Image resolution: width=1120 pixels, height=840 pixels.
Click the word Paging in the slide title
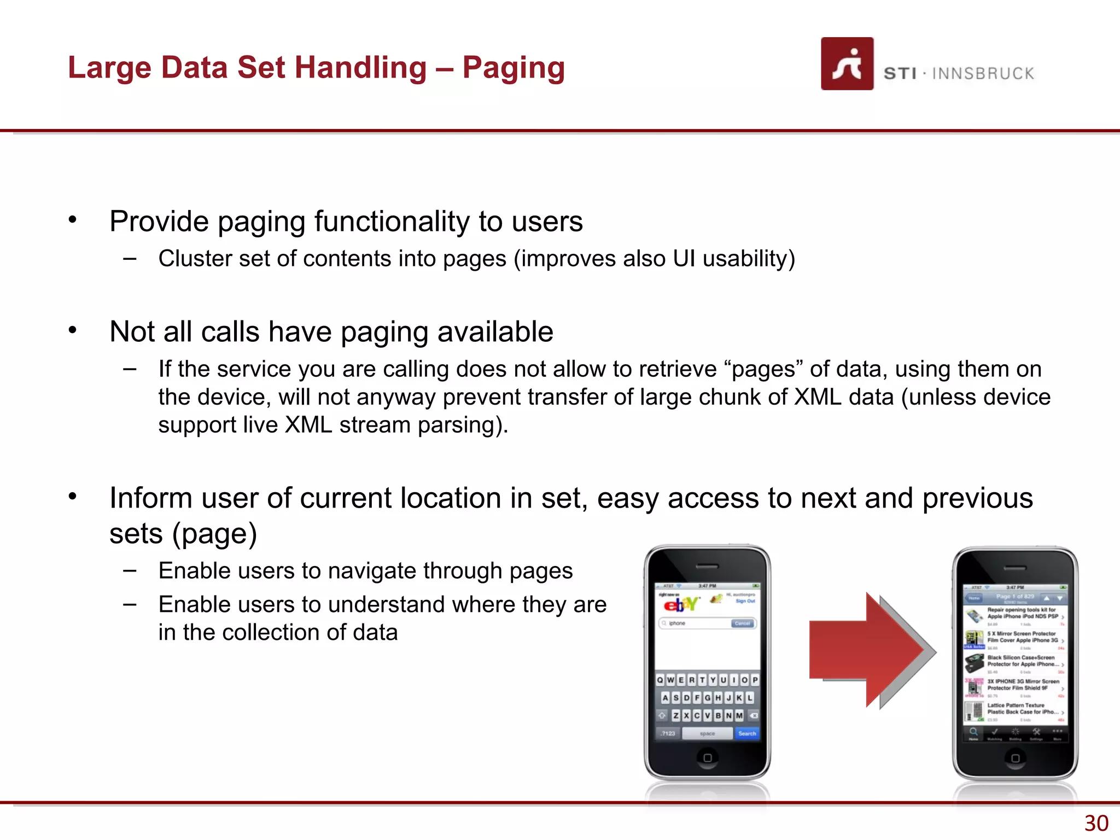[x=513, y=68]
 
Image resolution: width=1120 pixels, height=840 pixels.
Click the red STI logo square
[x=847, y=64]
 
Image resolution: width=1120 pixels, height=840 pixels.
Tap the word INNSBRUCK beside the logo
[x=983, y=73]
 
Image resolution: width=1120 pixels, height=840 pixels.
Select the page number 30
[x=1096, y=823]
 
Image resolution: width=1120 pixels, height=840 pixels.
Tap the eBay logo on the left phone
[x=680, y=604]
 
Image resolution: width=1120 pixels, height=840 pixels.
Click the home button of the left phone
[x=707, y=758]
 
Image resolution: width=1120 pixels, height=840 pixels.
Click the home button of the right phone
[x=1015, y=758]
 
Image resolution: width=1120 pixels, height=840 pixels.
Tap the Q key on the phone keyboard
[x=660, y=680]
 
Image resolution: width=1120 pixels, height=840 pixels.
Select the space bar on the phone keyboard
[x=707, y=733]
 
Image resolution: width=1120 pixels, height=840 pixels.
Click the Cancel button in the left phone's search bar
[x=742, y=623]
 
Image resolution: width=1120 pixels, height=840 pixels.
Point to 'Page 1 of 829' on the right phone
[x=1014, y=597]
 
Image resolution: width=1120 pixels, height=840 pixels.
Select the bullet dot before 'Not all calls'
[x=73, y=330]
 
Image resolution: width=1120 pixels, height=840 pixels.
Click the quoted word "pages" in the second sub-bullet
[x=763, y=369]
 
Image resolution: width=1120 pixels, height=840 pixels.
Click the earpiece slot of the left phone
[x=707, y=567]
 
